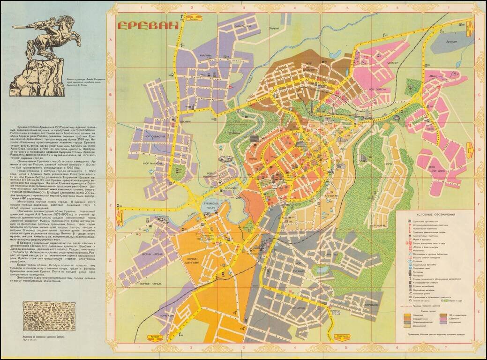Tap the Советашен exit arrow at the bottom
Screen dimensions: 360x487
coord(345,336)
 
